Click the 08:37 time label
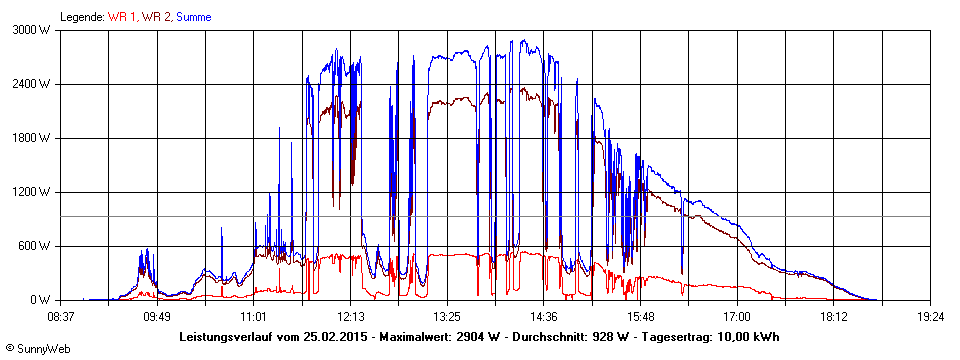click(61, 315)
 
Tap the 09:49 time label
click(157, 315)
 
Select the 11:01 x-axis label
click(254, 315)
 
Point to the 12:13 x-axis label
click(351, 315)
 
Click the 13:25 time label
click(447, 315)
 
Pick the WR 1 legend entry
click(120, 17)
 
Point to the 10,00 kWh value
click(745, 336)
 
